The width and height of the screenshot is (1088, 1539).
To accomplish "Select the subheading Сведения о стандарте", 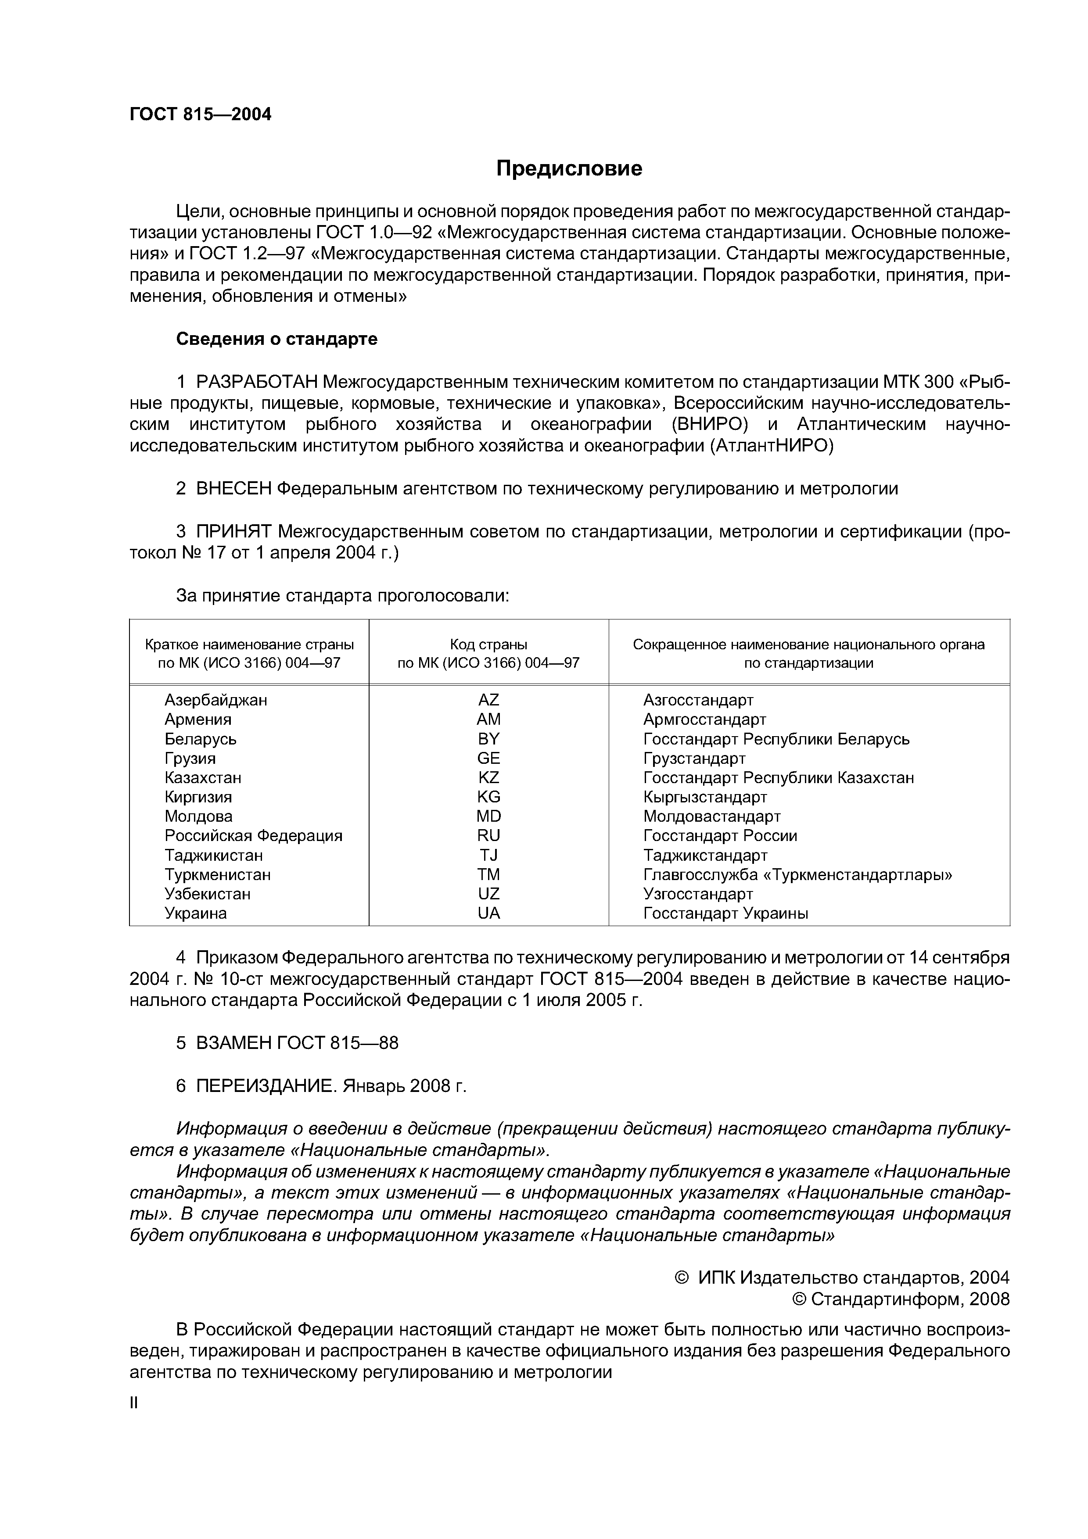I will pyautogui.click(x=276, y=339).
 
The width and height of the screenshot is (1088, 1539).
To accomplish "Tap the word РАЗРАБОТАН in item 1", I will pyautogui.click(x=258, y=382).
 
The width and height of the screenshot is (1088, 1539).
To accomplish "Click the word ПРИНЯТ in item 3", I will pyautogui.click(x=235, y=532).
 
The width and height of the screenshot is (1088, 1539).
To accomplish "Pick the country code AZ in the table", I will pyautogui.click(x=488, y=700).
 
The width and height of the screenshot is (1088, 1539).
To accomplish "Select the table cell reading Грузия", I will pyautogui.click(x=190, y=758).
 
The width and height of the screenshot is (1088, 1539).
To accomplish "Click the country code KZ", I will pyautogui.click(x=488, y=777).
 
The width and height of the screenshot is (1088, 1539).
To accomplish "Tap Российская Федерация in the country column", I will pyautogui.click(x=253, y=836).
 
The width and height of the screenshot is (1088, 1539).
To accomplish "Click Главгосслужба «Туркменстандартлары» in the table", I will pyautogui.click(x=797, y=875).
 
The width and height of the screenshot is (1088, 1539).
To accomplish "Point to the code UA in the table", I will pyautogui.click(x=488, y=913).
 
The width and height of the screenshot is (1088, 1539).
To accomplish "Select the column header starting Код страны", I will pyautogui.click(x=488, y=654).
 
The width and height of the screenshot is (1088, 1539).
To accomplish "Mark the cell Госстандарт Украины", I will pyautogui.click(x=725, y=913).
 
